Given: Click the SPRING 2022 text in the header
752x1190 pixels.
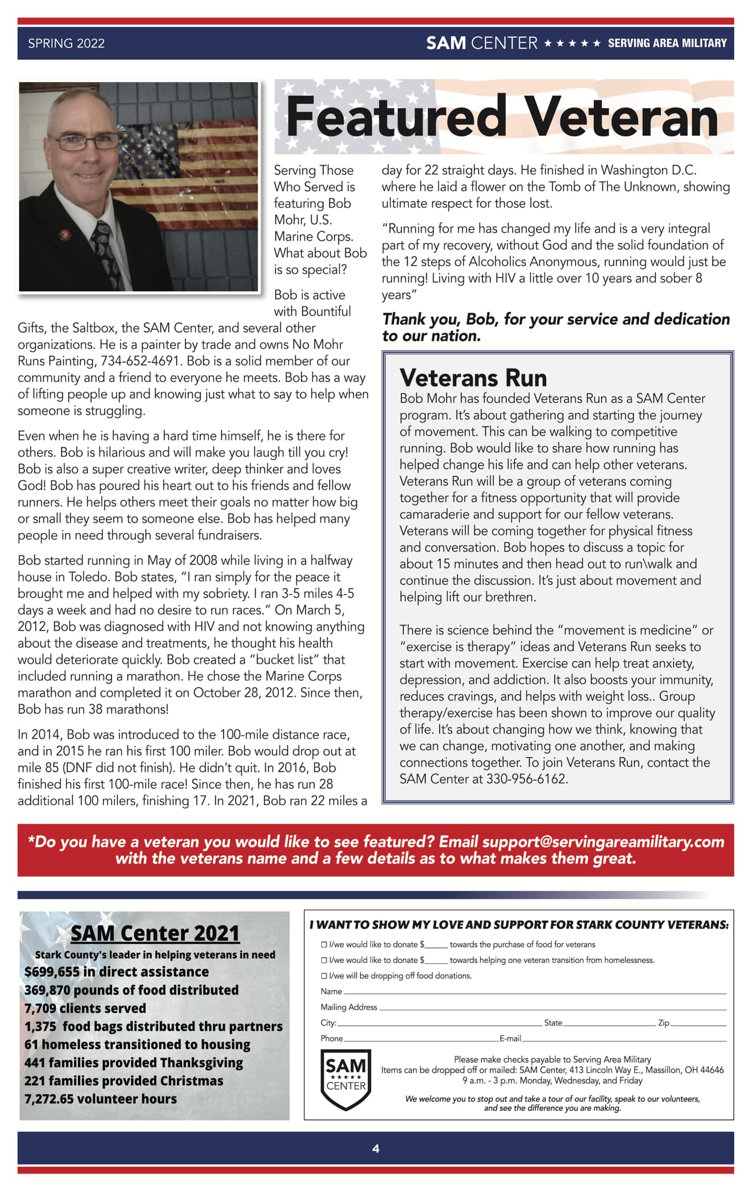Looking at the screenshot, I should click(x=66, y=44).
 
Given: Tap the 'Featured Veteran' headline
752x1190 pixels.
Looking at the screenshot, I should click(x=502, y=117).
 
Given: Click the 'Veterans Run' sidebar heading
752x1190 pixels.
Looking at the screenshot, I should click(x=473, y=378).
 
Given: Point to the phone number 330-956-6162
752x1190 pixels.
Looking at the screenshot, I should click(x=526, y=779).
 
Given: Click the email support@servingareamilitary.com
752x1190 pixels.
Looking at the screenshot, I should click(x=603, y=842).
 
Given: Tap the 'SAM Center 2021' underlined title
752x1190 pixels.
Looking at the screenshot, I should click(x=154, y=933).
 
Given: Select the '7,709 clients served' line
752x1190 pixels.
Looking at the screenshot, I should click(x=85, y=1008).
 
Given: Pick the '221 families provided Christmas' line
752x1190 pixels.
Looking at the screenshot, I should click(x=123, y=1081).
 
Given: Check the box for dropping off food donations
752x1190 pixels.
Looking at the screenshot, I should click(x=324, y=976).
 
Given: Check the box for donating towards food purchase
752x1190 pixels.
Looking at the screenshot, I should click(x=324, y=945).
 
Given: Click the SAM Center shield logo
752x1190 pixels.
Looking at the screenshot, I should click(x=346, y=1079).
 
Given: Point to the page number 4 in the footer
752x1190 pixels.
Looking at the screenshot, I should click(x=376, y=1148).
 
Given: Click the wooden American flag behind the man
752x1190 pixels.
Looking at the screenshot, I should click(x=192, y=169).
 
